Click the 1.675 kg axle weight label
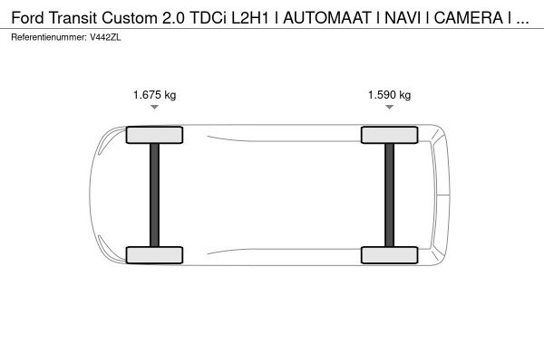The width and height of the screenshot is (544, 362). (x=154, y=94)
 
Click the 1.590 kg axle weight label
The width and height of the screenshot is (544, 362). (x=389, y=94)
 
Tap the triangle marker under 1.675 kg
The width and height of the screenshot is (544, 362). (x=154, y=107)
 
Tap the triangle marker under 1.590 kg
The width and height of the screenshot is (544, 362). (x=389, y=107)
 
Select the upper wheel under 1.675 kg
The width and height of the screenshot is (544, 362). (x=154, y=135)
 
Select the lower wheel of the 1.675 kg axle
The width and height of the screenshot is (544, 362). (x=154, y=255)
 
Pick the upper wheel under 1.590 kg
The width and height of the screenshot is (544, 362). (x=389, y=135)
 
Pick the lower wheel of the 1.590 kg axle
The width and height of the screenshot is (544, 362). (x=389, y=255)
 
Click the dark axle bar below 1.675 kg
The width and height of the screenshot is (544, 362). (x=154, y=195)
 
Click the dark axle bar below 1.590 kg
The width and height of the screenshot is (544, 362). (x=389, y=195)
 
